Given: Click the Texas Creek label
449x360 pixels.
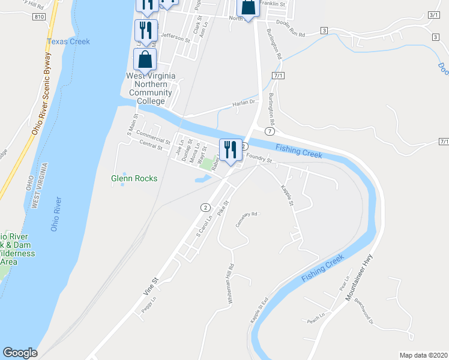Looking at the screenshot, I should coord(68,41).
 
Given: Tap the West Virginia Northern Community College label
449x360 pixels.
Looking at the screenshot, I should coord(150,88).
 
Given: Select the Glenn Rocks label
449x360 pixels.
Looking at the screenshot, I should coord(134,178).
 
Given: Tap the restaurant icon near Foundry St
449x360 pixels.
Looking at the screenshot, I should coord(230,149).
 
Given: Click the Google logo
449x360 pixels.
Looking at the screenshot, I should coord(20,353).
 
